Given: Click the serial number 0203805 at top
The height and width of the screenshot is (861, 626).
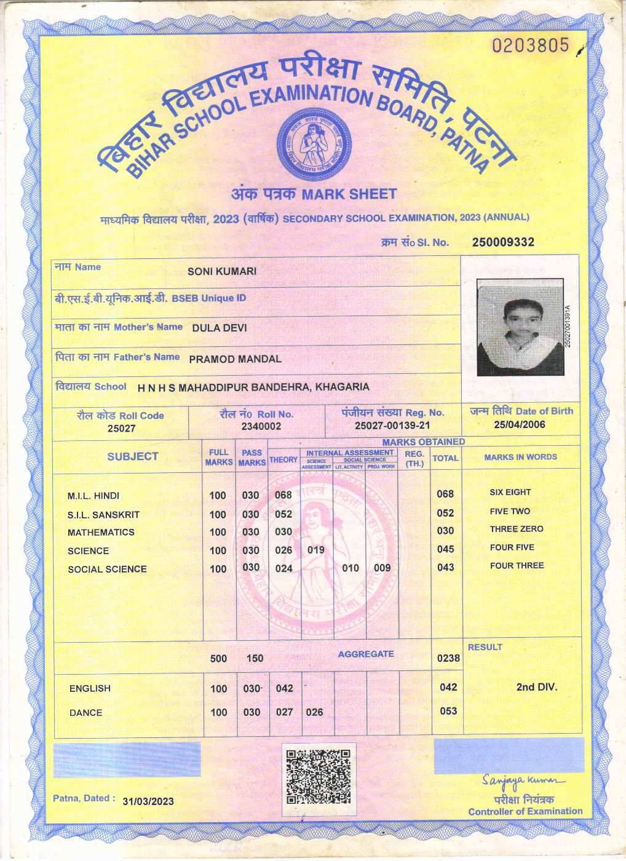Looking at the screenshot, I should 531,46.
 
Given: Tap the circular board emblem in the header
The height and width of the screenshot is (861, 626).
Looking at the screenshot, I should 311,143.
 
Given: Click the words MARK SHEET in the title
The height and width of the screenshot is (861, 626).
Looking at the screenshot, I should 349,194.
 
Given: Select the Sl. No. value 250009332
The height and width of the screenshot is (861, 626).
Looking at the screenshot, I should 503,242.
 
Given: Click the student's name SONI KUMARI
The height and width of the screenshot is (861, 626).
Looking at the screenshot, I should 222,271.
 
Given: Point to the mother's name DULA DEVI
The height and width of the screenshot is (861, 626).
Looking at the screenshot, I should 220,328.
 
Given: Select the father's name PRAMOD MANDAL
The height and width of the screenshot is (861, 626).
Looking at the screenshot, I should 235,359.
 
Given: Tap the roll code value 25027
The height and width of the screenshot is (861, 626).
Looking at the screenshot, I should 121,428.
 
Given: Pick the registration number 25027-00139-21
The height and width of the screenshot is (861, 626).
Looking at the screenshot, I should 392,425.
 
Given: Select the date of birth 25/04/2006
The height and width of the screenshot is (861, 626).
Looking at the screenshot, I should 520,424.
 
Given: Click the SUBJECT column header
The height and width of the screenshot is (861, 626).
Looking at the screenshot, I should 133,456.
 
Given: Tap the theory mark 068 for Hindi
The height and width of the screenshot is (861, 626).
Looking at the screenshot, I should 283,495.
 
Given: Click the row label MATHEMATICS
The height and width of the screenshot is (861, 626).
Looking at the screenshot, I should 101,532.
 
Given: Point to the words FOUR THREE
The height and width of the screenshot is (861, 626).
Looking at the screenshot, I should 517,566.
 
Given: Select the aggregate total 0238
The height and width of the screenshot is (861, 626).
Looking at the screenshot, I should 448,658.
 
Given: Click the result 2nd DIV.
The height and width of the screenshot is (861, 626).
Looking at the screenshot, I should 536,687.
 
